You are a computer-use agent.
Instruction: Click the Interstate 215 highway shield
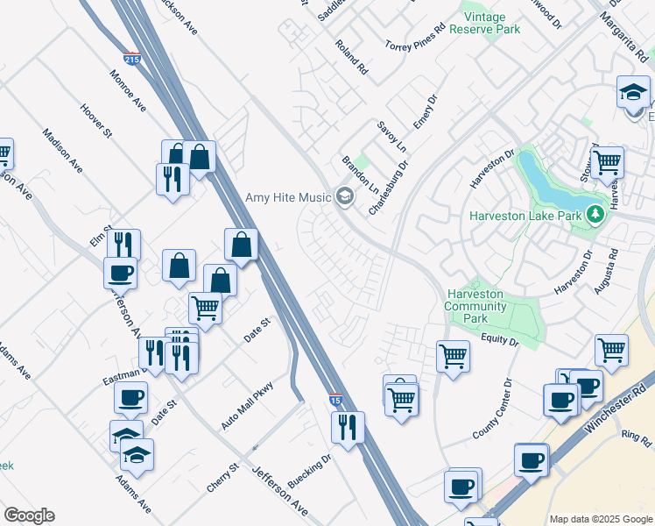[131, 60]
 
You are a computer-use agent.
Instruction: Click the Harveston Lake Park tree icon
[596, 214]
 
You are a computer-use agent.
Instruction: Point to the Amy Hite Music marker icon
[344, 196]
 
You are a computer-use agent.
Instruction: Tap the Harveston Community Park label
[475, 306]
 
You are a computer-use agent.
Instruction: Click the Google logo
[29, 515]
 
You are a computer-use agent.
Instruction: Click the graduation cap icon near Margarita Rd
[633, 91]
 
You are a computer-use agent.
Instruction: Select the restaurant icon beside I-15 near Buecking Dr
[348, 427]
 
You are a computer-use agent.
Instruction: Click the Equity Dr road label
[500, 338]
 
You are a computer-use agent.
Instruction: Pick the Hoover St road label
[96, 121]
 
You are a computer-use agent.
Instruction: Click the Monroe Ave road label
[128, 90]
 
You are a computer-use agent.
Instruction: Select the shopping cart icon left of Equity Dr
[453, 356]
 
